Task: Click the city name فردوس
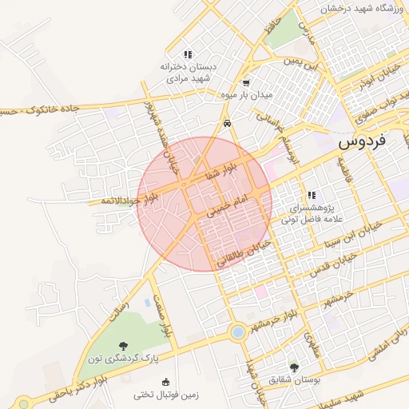pos(362,141)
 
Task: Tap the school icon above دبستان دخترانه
pos(188,54)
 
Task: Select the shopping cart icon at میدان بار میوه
pos(246,82)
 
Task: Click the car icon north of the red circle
pos(228,124)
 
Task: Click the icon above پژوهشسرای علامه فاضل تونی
pos(312,195)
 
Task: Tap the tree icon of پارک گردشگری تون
pos(122,345)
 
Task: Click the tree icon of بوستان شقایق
pos(295,367)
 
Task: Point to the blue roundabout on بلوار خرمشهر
pos(236,332)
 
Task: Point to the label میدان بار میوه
pos(246,95)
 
